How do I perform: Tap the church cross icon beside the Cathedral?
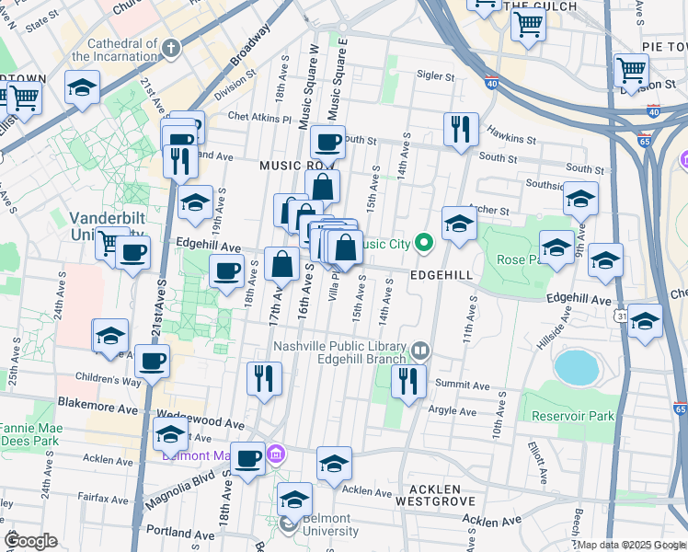pyautogui.click(x=170, y=49)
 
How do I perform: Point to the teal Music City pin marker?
pyautogui.click(x=423, y=244)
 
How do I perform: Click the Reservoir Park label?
pyautogui.click(x=574, y=417)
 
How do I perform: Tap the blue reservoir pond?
pyautogui.click(x=577, y=367)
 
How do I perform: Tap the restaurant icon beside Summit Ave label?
pyautogui.click(x=407, y=380)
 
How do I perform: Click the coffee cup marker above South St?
pyautogui.click(x=327, y=142)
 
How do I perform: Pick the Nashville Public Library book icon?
pyautogui.click(x=420, y=350)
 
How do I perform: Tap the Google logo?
pyautogui.click(x=30, y=541)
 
